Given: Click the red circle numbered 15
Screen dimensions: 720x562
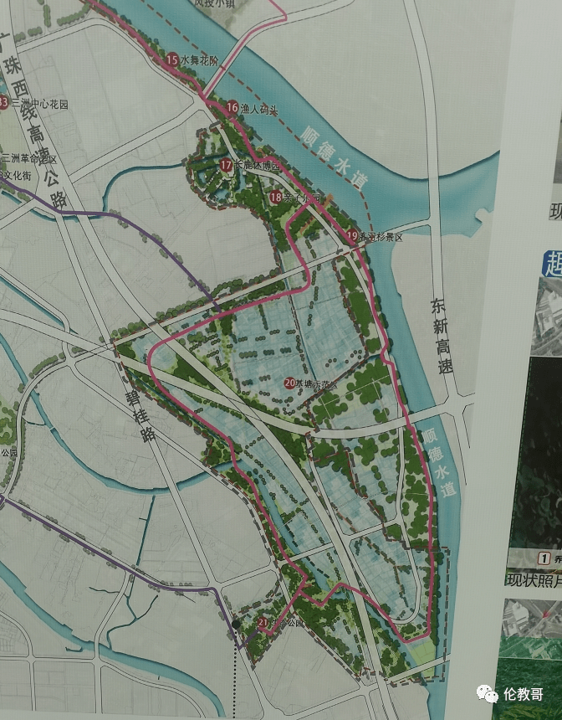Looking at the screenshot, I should tap(171, 59).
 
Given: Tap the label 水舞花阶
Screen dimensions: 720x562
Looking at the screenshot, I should tap(199, 60).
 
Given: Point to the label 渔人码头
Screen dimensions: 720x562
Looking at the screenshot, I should tap(258, 109).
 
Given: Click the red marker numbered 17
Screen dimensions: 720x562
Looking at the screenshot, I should tap(226, 166).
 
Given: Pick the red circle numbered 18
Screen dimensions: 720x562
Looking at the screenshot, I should tap(276, 197).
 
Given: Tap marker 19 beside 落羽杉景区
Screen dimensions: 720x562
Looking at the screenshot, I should tap(352, 236).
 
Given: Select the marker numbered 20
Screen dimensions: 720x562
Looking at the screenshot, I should tap(289, 383).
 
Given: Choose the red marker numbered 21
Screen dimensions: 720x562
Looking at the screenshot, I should tap(263, 623).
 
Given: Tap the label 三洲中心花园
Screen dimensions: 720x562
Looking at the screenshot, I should tap(38, 104).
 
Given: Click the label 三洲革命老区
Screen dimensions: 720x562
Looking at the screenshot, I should tap(28, 158).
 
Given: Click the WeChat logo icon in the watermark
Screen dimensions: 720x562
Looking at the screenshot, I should tap(488, 693).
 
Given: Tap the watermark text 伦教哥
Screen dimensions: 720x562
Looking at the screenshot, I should tap(524, 694).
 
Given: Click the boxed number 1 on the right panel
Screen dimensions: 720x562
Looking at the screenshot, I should tap(544, 558).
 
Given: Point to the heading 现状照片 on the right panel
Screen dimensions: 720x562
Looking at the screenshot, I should tap(531, 579).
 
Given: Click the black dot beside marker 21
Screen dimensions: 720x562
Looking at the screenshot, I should tap(238, 624).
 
